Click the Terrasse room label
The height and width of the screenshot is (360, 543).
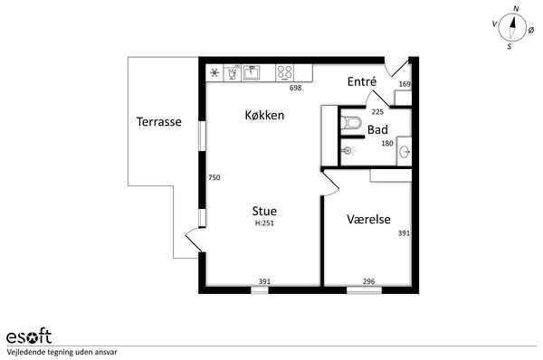pos(159,121)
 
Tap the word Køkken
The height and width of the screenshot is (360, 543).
pos(264,115)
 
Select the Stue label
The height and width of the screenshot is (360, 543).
pos(264,211)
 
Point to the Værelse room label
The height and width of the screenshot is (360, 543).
pos(368,219)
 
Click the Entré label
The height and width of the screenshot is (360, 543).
pos(362,81)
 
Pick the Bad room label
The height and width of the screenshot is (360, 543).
pos(377,130)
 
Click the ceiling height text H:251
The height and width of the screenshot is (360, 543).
pos(264,223)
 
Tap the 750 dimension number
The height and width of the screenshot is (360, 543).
pos(214,177)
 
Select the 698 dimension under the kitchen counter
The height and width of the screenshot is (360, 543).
pos(295,88)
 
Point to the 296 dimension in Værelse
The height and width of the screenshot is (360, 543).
pos(369,281)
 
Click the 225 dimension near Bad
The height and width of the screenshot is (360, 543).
pos(377,112)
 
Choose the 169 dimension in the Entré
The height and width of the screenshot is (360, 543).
pos(405,84)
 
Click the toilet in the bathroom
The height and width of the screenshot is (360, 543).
pos(351,123)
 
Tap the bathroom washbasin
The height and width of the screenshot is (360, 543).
pos(405,152)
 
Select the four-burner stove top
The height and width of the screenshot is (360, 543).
pos(284,72)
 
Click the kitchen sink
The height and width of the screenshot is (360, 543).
pos(251,72)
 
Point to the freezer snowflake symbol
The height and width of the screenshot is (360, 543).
pos(214,72)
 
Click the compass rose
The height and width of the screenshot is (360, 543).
pos(512,28)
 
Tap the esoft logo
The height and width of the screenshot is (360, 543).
pos(29,336)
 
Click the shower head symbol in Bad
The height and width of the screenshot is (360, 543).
pos(348,150)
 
